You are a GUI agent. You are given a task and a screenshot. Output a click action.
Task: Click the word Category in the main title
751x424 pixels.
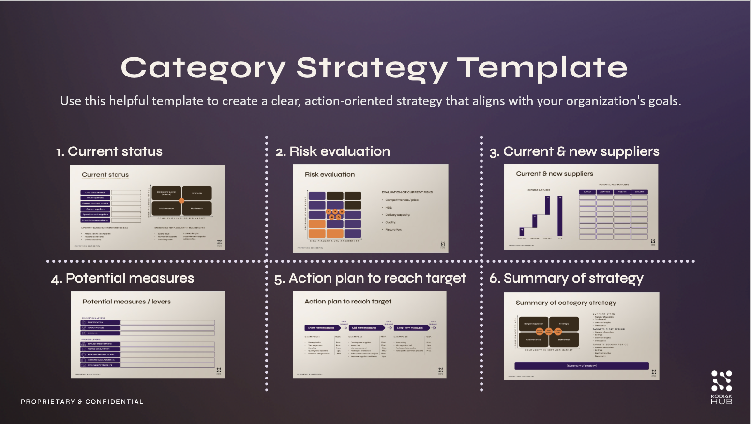click(203, 68)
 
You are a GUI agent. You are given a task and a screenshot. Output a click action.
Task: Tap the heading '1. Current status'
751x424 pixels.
click(109, 151)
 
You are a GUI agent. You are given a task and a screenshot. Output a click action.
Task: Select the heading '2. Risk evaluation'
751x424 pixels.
click(333, 151)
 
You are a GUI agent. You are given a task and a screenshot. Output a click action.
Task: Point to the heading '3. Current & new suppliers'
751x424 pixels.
click(574, 151)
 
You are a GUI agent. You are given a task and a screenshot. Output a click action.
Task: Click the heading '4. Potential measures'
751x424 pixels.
click(123, 278)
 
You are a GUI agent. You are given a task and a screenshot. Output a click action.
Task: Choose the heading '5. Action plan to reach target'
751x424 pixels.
click(370, 278)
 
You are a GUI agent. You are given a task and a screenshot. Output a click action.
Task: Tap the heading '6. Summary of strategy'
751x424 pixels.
click(567, 278)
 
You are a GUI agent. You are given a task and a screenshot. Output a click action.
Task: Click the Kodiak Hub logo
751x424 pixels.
click(721, 386)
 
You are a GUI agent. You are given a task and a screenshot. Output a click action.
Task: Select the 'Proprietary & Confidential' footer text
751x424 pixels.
click(82, 402)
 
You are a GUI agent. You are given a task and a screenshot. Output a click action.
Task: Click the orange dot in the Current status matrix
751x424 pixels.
click(182, 201)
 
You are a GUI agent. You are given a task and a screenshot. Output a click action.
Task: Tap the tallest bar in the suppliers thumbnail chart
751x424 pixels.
click(560, 216)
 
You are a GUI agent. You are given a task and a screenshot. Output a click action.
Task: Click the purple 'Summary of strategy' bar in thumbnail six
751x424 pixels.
click(581, 366)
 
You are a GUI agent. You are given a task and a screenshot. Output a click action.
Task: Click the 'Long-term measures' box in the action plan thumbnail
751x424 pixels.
click(411, 328)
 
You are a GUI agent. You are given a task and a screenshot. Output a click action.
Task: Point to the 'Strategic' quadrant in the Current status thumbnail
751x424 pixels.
click(197, 193)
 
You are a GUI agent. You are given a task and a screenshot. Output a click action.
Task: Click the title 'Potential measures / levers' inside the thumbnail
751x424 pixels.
click(126, 302)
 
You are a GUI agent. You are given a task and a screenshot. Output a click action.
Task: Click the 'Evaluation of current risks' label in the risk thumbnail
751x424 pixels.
click(407, 192)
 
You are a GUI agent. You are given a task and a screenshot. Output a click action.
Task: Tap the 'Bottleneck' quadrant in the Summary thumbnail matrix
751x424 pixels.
click(564, 340)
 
